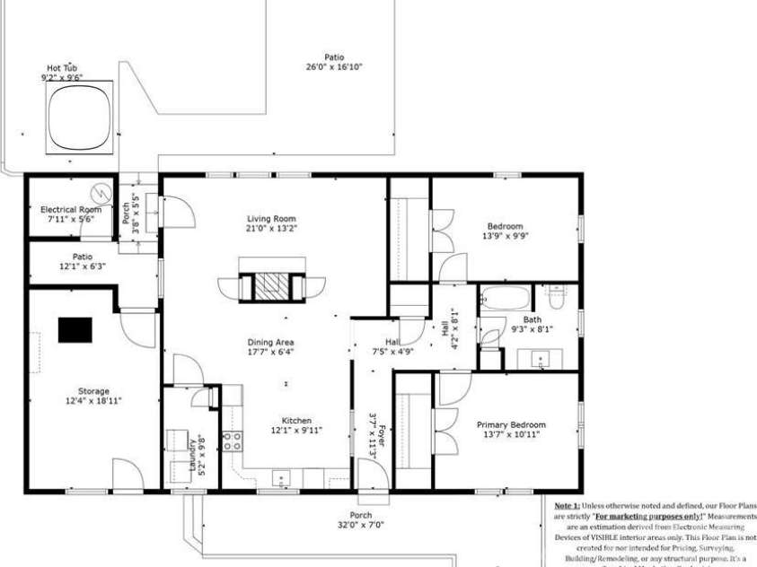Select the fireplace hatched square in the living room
coord(271,285)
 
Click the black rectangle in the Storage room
coord(76,330)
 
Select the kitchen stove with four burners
coord(232,441)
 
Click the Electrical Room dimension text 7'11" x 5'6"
coord(69,219)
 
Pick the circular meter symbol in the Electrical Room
coord(101,192)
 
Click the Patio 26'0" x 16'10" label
coord(333,62)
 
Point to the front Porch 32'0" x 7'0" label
coord(360,520)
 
